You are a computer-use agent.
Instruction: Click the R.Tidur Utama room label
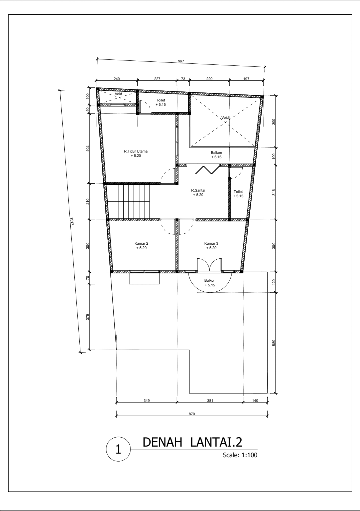click(x=136, y=151)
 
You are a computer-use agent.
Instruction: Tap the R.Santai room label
click(x=198, y=190)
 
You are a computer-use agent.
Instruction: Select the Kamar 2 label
click(x=141, y=243)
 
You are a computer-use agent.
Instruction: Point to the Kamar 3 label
click(x=211, y=243)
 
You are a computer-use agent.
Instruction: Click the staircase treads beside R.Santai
click(x=128, y=202)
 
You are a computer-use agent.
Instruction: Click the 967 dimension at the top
click(x=181, y=61)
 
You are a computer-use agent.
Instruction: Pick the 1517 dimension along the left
click(x=72, y=221)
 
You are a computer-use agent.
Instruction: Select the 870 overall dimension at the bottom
click(x=192, y=414)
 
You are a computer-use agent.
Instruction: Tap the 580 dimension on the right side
click(x=274, y=343)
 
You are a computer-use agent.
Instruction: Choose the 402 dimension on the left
click(x=88, y=148)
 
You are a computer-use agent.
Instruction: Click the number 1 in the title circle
click(x=118, y=449)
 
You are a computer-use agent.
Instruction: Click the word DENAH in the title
click(x=162, y=442)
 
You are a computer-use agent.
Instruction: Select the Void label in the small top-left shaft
click(x=118, y=94)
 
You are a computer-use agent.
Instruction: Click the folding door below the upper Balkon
click(x=208, y=170)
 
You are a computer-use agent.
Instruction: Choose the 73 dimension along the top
click(x=183, y=79)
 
